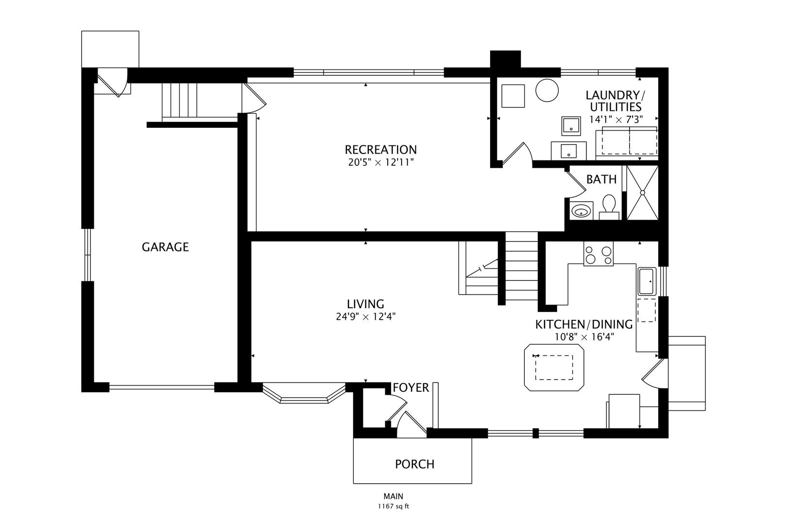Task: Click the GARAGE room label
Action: pyautogui.click(x=165, y=247)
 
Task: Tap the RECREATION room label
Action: pyautogui.click(x=380, y=150)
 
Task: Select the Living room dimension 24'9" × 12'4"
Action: pyautogui.click(x=366, y=317)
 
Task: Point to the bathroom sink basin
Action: pyautogui.click(x=581, y=211)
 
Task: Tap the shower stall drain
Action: pyautogui.click(x=642, y=192)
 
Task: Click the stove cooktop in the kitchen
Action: pyautogui.click(x=599, y=253)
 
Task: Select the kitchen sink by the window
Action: pyautogui.click(x=647, y=281)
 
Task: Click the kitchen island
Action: pyautogui.click(x=554, y=367)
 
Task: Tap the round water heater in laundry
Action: pyautogui.click(x=547, y=90)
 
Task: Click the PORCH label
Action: pyautogui.click(x=414, y=464)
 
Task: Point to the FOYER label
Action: pyautogui.click(x=411, y=388)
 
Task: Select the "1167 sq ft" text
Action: pyautogui.click(x=393, y=507)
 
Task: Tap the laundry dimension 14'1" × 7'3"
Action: pyautogui.click(x=616, y=120)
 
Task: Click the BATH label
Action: pyautogui.click(x=601, y=179)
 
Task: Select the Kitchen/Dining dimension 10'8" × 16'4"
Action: pyautogui.click(x=584, y=337)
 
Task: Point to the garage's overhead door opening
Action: pyautogui.click(x=162, y=387)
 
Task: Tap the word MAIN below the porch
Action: pyautogui.click(x=393, y=496)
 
